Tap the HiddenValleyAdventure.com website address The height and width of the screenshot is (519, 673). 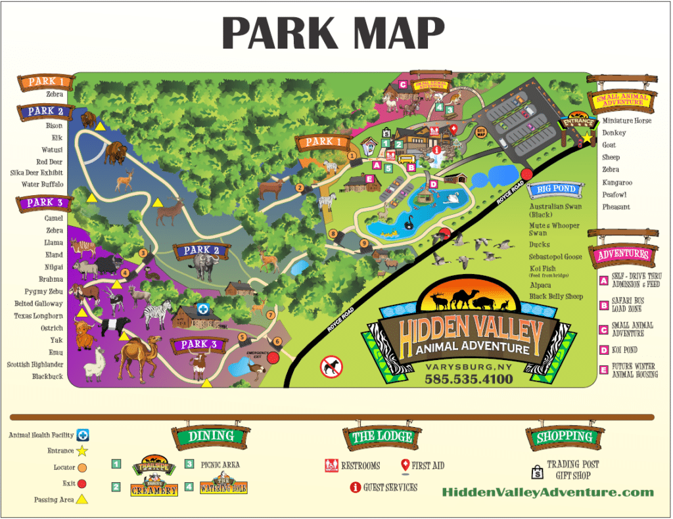click(548, 492)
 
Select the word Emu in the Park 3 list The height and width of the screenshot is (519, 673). click(55, 352)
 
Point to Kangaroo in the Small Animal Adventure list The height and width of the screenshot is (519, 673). click(616, 182)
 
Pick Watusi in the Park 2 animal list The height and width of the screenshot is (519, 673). click(52, 149)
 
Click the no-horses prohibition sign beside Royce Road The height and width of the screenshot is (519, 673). click(331, 367)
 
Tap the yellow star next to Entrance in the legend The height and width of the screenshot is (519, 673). click(83, 451)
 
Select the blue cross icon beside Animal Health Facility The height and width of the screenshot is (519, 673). click(83, 434)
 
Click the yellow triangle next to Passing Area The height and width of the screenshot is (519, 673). click(83, 499)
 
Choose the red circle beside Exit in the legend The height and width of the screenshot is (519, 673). click(83, 484)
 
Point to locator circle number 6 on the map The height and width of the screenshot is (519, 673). click(277, 341)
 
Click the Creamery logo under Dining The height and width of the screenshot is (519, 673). click(154, 487)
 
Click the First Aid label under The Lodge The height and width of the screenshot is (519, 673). click(428, 466)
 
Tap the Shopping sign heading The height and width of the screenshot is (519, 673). click(565, 437)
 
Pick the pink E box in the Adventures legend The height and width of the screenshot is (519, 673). click(603, 371)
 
